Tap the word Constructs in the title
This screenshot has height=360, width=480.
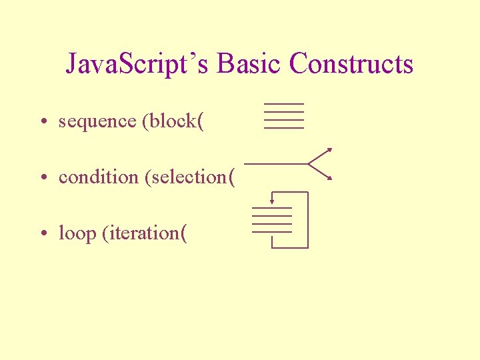coord(352,65)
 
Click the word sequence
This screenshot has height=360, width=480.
coord(97,122)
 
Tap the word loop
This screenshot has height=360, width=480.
coord(77,234)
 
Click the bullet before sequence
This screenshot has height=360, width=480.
coord(42,122)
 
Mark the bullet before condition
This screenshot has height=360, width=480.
coord(42,178)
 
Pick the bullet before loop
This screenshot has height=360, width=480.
coord(42,234)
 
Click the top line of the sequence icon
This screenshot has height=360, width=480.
coord(284,105)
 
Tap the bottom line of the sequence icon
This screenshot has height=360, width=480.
coord(284,127)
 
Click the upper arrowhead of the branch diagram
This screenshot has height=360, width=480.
coord(329,149)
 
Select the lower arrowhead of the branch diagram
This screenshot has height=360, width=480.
coord(329,178)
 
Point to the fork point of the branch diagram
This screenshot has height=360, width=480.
coord(309,163)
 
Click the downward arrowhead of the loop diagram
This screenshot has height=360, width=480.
coord(272,201)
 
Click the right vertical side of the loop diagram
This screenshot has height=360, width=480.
coord(308,220)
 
